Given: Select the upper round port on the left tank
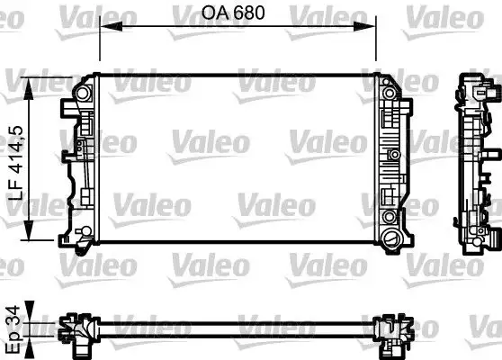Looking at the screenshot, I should (x=83, y=93).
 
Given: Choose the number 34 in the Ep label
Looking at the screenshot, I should (x=13, y=314).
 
